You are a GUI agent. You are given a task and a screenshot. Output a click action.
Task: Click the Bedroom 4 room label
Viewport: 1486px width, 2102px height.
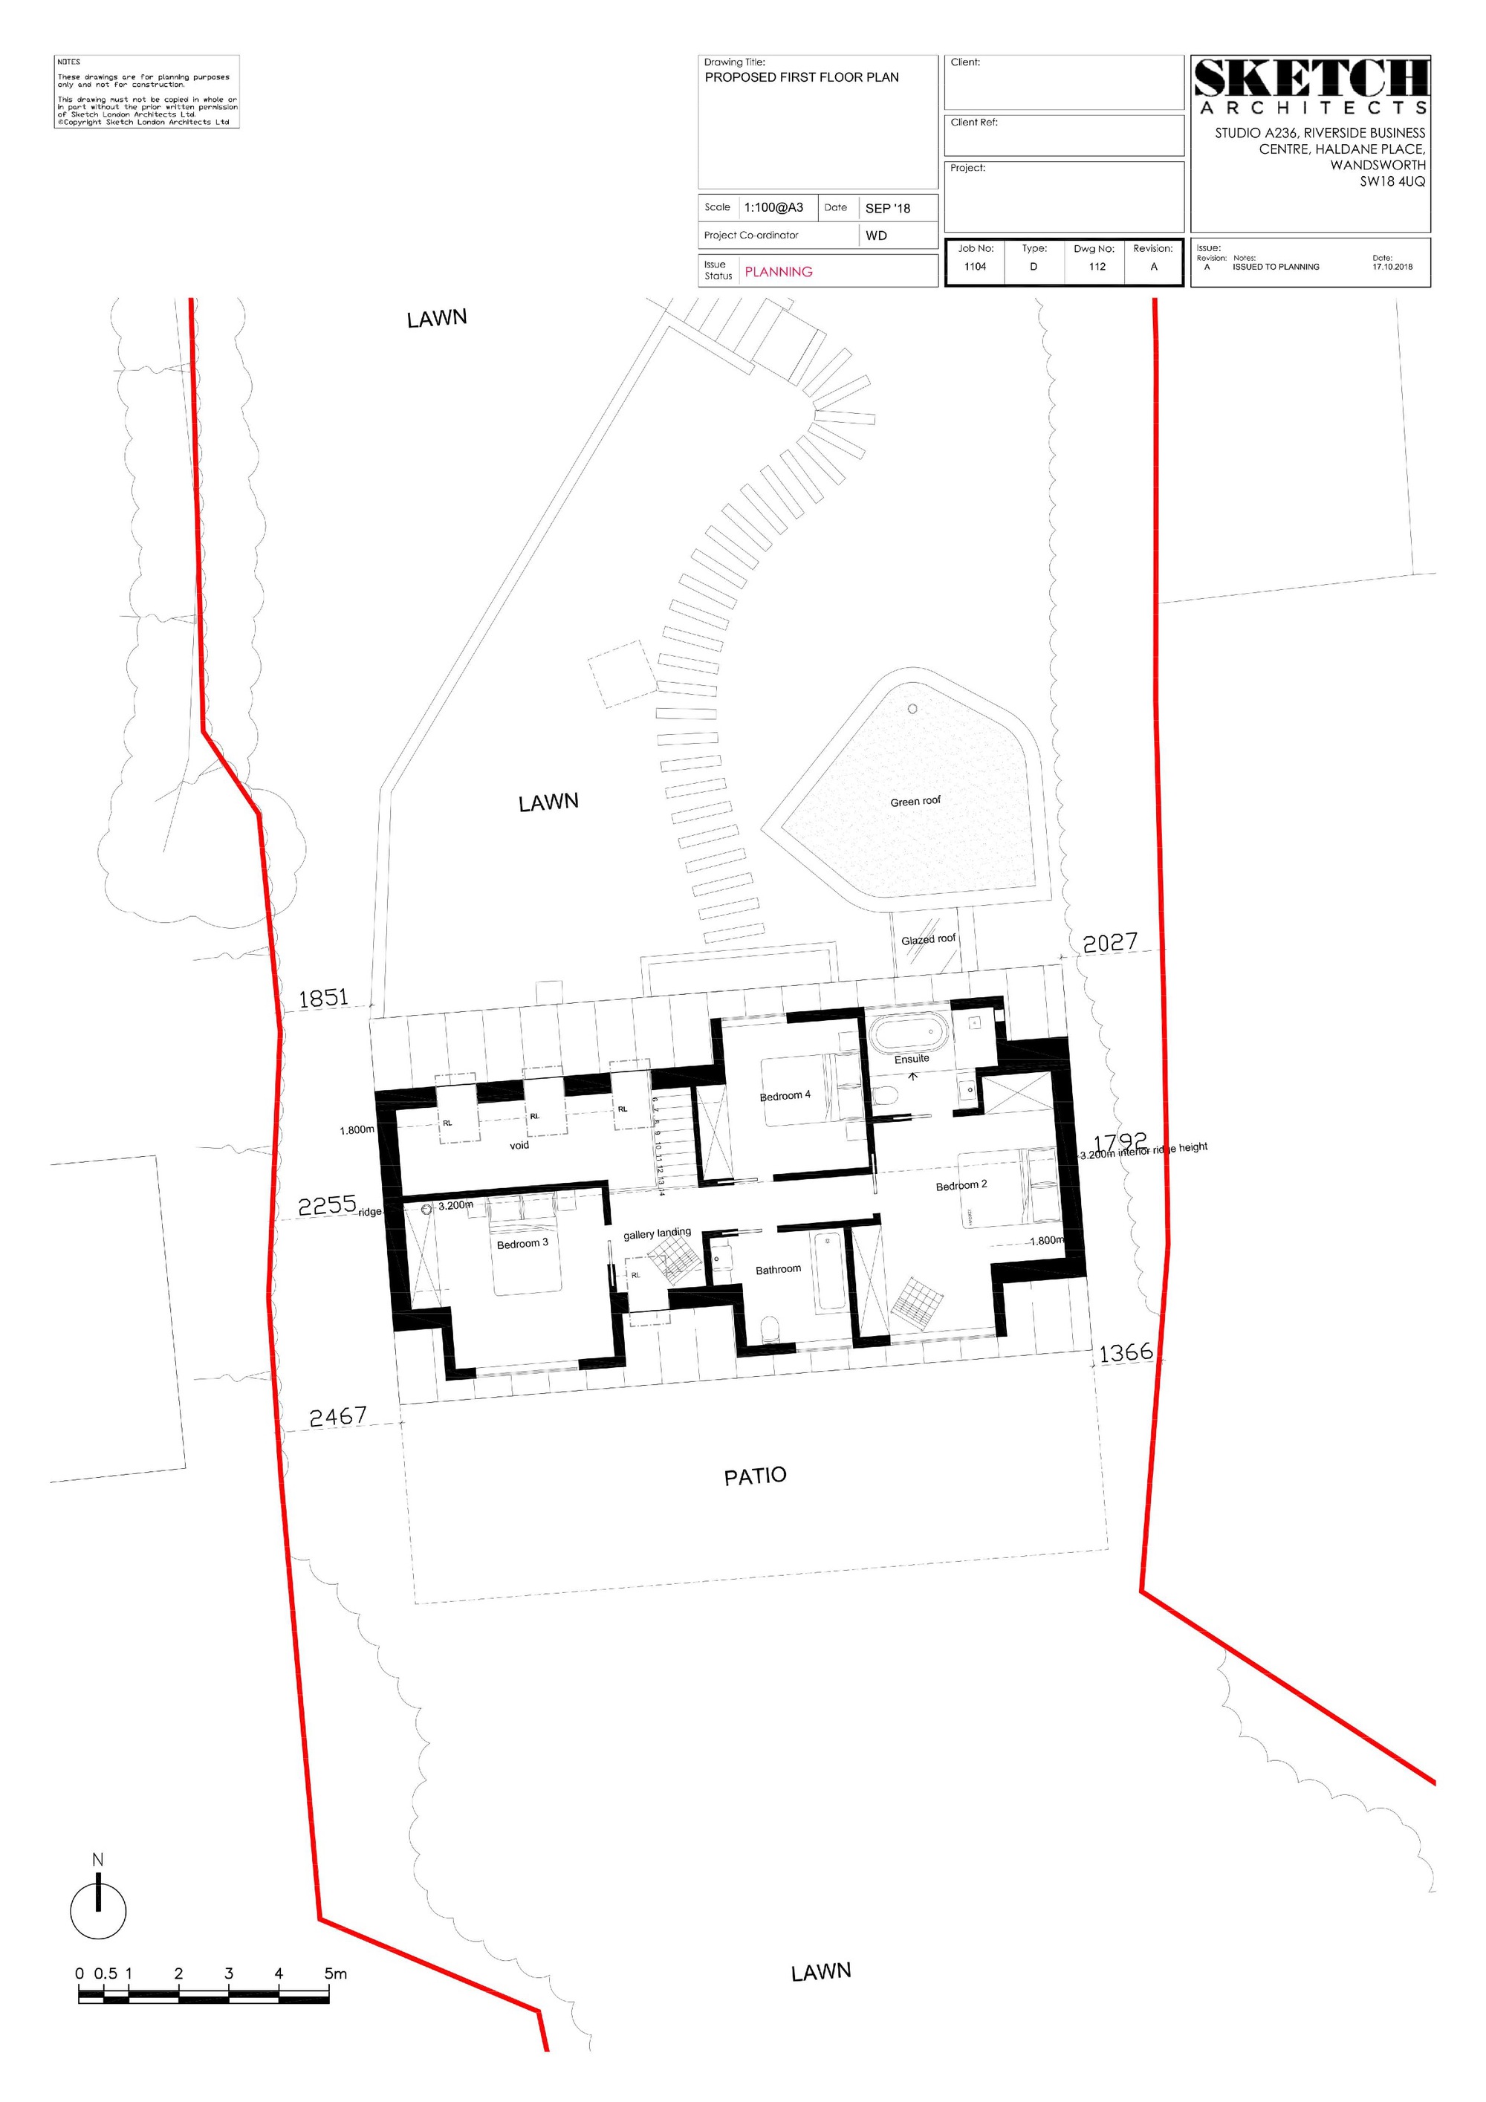pyautogui.click(x=785, y=1096)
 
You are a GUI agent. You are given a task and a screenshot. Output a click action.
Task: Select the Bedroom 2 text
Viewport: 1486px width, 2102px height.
pyautogui.click(x=961, y=1186)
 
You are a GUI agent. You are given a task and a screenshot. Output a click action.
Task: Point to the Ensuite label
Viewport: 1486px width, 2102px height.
pyautogui.click(x=911, y=1060)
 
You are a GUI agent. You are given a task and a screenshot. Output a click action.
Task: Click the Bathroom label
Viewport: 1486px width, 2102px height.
pyautogui.click(x=778, y=1270)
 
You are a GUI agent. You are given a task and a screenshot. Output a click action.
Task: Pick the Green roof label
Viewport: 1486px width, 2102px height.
pyautogui.click(x=915, y=802)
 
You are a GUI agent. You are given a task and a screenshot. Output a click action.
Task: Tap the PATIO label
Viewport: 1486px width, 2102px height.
pyautogui.click(x=756, y=1476)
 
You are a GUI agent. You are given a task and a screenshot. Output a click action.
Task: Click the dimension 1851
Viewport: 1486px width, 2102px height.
pyautogui.click(x=324, y=998)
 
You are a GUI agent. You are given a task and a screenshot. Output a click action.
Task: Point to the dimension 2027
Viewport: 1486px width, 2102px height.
pyautogui.click(x=1110, y=943)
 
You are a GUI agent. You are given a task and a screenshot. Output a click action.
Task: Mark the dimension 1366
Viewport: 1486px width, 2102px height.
pyautogui.click(x=1125, y=1353)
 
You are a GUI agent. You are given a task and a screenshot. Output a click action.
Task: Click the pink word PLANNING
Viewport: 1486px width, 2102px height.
pyautogui.click(x=778, y=272)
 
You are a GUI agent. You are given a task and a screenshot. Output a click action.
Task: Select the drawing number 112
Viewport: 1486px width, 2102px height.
pyautogui.click(x=1097, y=267)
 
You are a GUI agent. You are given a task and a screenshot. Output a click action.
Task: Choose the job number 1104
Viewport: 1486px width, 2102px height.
pyautogui.click(x=975, y=267)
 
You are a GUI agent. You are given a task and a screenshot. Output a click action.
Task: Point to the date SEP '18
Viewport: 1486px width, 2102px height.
pyautogui.click(x=888, y=209)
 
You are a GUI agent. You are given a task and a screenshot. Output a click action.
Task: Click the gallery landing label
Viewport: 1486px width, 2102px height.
pyautogui.click(x=658, y=1233)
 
